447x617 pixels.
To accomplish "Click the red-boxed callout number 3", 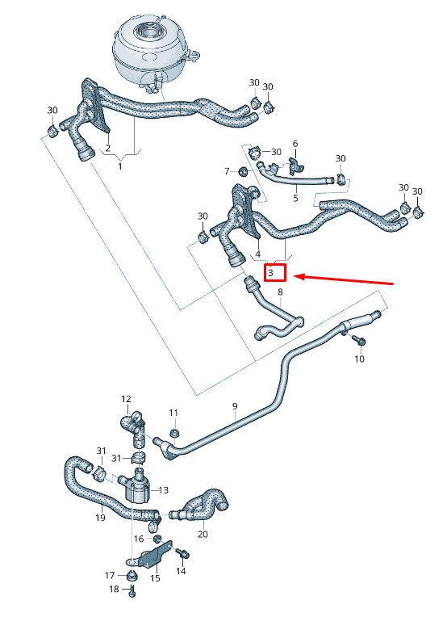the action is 270,272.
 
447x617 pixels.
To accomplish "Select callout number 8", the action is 280,292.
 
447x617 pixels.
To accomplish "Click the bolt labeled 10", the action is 359,340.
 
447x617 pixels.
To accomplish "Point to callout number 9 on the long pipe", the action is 235,406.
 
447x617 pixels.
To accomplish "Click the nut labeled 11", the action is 173,433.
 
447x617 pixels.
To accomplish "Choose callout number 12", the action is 126,399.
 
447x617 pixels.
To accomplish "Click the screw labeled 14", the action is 183,553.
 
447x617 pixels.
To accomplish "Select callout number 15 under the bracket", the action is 155,577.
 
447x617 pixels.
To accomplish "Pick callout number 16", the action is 139,539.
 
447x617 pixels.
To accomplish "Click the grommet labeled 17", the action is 132,575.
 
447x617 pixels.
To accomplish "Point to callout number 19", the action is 101,518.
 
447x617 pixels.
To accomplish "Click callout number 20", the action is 203,534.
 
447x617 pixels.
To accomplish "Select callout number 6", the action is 295,144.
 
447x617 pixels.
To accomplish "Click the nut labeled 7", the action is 243,171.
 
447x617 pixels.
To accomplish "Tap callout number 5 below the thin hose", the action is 295,198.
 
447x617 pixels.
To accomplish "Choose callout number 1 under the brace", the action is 120,166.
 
